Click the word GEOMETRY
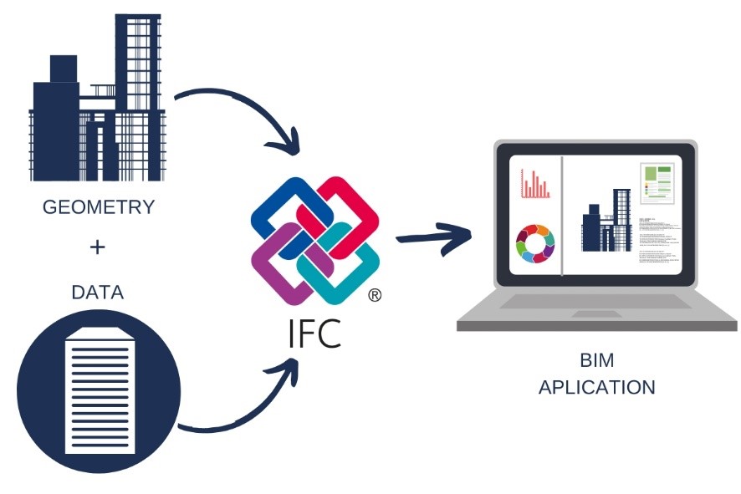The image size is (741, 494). [99, 207]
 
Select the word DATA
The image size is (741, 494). [97, 293]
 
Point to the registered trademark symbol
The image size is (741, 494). [376, 295]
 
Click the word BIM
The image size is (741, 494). [596, 361]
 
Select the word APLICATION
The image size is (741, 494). [596, 388]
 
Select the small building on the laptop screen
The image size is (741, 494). [606, 222]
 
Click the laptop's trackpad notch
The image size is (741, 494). [596, 314]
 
